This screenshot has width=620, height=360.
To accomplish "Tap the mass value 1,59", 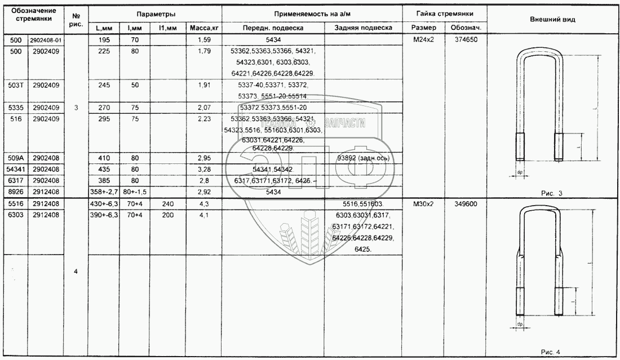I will (203, 41).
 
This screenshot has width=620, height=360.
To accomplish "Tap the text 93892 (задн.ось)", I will (364, 158).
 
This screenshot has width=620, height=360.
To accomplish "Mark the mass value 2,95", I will (203, 158).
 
